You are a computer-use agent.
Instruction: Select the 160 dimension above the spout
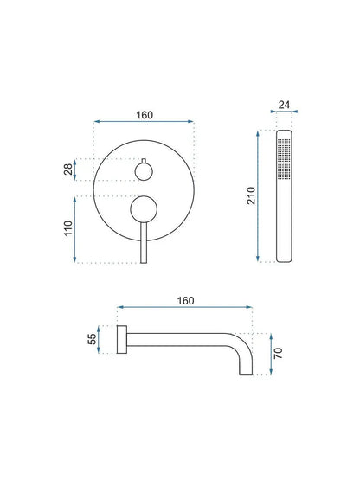click(x=185, y=299)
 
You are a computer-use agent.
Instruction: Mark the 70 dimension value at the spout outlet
click(x=276, y=353)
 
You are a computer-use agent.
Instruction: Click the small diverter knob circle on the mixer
click(x=143, y=172)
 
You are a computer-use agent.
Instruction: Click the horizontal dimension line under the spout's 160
click(x=185, y=308)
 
